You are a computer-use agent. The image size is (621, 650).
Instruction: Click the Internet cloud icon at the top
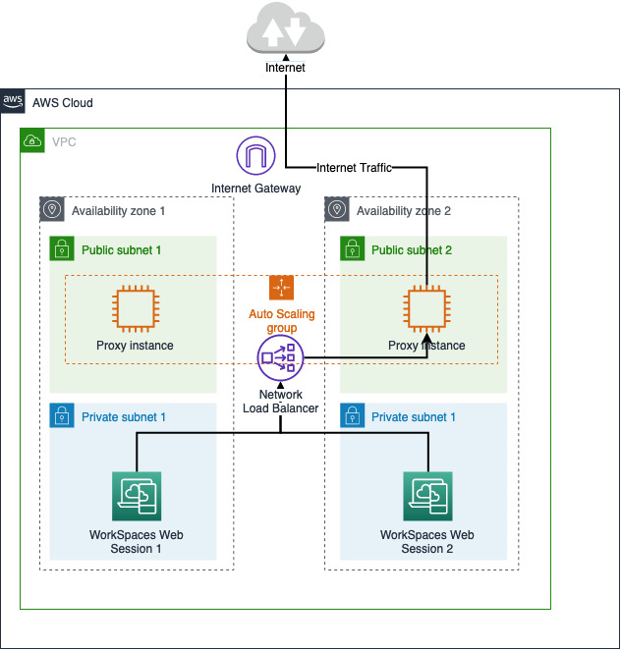tap(285, 30)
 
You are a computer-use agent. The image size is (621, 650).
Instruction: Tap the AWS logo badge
tap(13, 101)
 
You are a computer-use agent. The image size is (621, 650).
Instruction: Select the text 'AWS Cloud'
tap(62, 102)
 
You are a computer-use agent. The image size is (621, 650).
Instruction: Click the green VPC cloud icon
tap(32, 140)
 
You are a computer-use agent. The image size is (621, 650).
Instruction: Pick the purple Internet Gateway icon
tap(256, 157)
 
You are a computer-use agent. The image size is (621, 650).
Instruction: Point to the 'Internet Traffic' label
tap(354, 168)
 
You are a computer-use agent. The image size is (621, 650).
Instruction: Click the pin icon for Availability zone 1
tap(52, 209)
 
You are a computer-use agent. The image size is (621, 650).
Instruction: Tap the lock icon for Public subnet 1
tap(62, 249)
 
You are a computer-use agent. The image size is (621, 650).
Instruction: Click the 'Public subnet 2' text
tap(411, 250)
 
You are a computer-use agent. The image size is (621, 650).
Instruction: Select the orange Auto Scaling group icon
tap(282, 287)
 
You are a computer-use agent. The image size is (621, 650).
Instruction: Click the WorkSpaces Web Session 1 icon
tap(136, 496)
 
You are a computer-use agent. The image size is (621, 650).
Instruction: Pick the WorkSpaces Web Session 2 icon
tap(426, 496)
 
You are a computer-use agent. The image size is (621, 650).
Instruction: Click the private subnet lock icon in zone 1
tap(62, 416)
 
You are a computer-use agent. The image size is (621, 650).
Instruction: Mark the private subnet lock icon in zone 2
tap(352, 416)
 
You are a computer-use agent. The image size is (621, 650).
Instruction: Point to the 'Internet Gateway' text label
tap(256, 188)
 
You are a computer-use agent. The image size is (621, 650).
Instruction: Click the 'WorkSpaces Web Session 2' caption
tap(426, 542)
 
